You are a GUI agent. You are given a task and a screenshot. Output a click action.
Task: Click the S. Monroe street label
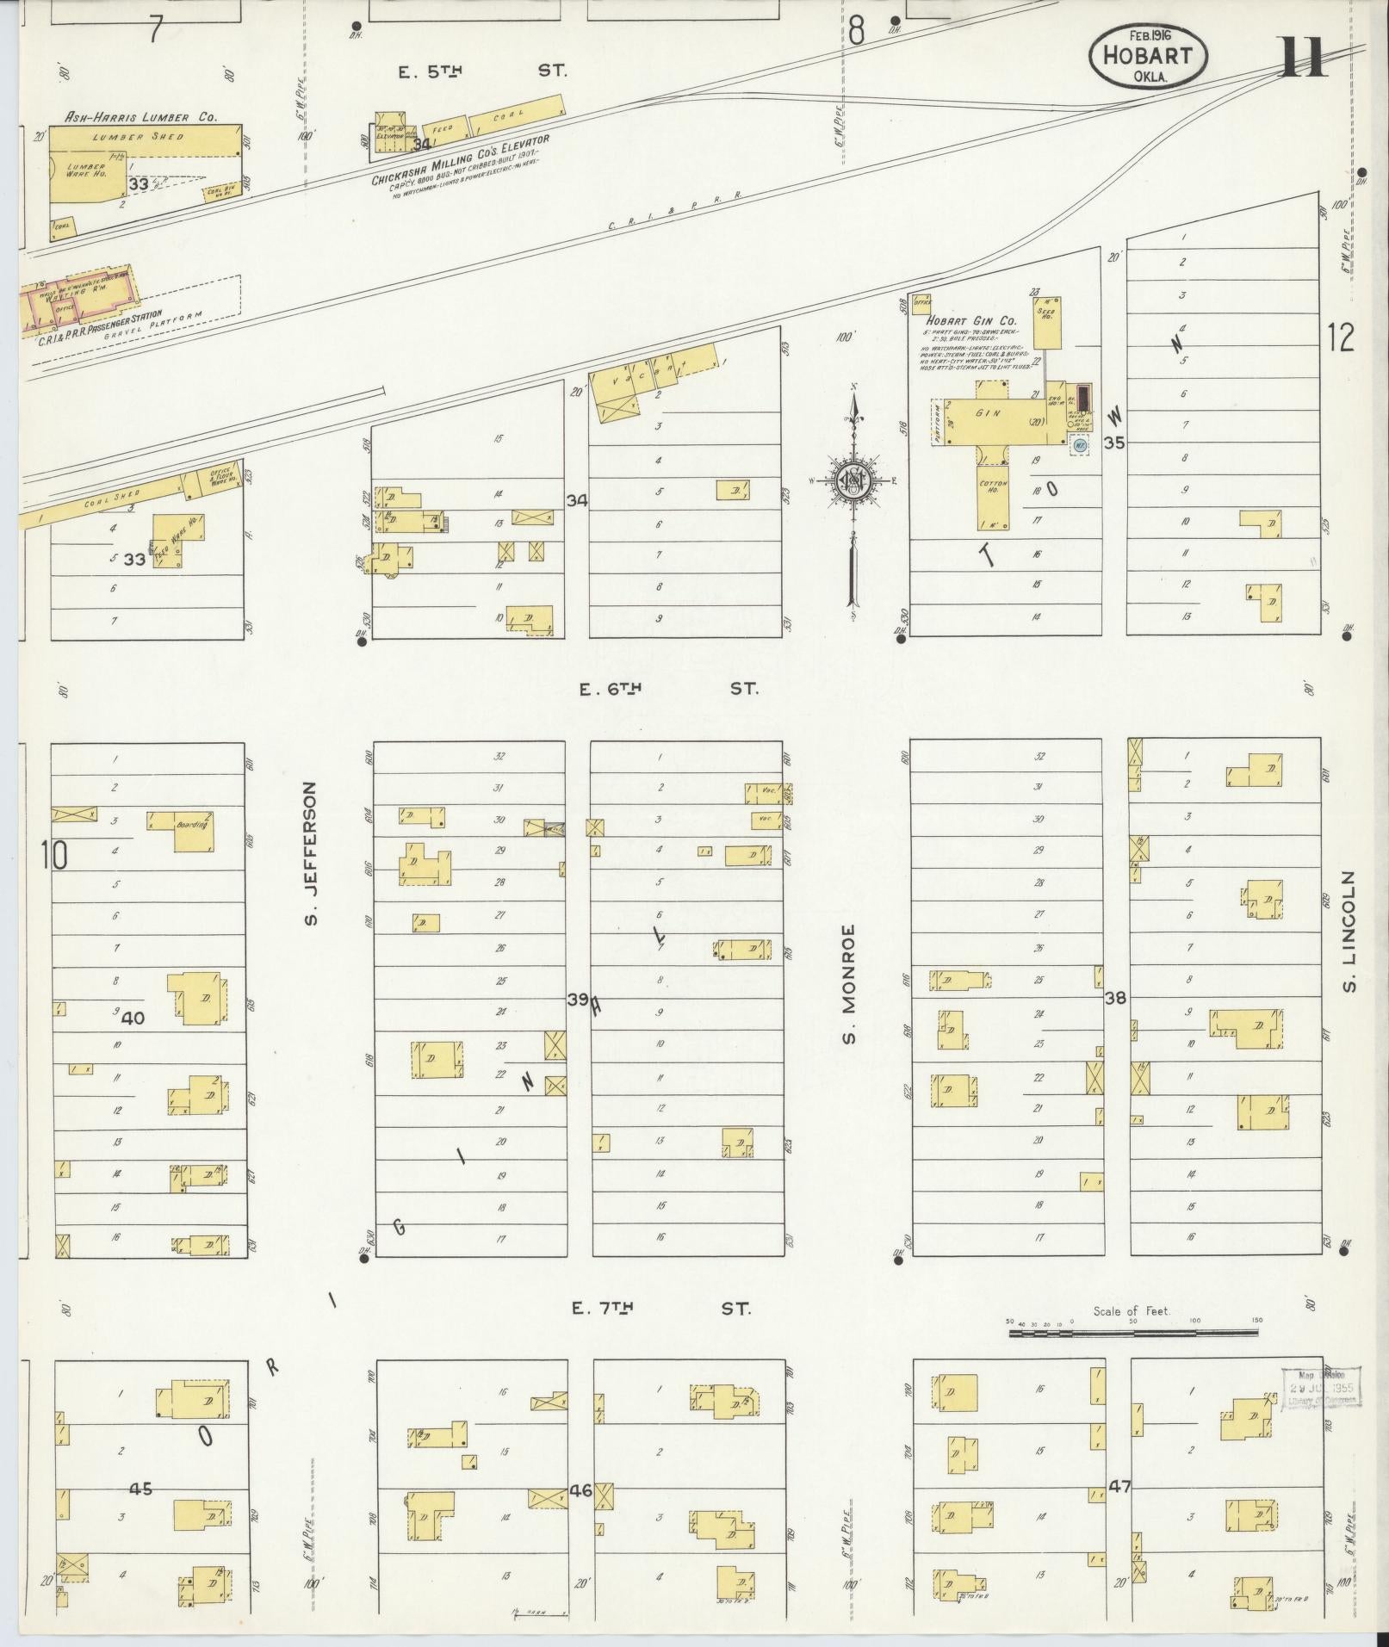849,983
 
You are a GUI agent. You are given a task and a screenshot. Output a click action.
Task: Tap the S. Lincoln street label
1349,930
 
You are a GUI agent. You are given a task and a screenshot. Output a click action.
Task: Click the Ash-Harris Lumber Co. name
142,116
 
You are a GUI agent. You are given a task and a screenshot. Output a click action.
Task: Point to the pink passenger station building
78,298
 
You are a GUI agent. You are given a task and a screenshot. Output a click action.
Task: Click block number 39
578,1000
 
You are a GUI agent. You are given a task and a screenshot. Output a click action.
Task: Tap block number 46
580,1490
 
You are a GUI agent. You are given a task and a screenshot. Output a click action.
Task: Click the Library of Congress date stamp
1321,1388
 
